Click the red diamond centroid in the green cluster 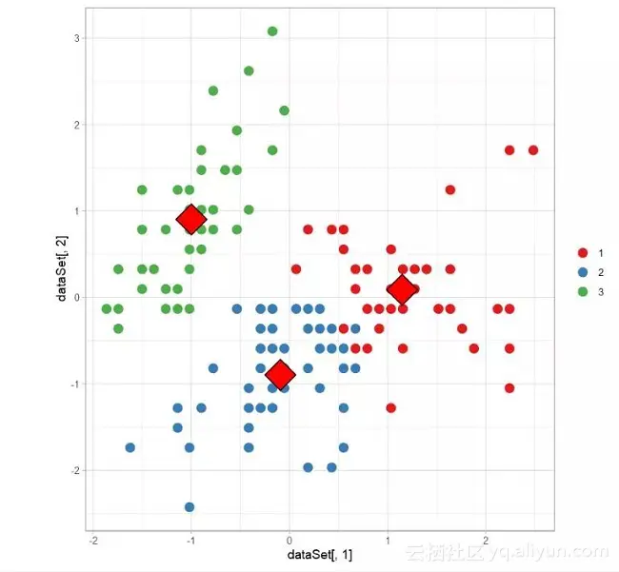pos(190,219)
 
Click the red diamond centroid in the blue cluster pos(279,375)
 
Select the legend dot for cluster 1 pos(583,252)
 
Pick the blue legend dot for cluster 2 pos(583,272)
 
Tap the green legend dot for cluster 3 pos(583,292)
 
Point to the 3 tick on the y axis pos(75,38)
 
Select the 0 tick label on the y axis pos(75,297)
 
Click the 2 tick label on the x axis pos(486,540)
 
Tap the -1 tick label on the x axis pos(190,540)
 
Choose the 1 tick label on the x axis pos(388,540)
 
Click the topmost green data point pos(272,31)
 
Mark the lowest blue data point pos(190,506)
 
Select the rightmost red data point pos(533,150)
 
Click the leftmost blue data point pos(130,447)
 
